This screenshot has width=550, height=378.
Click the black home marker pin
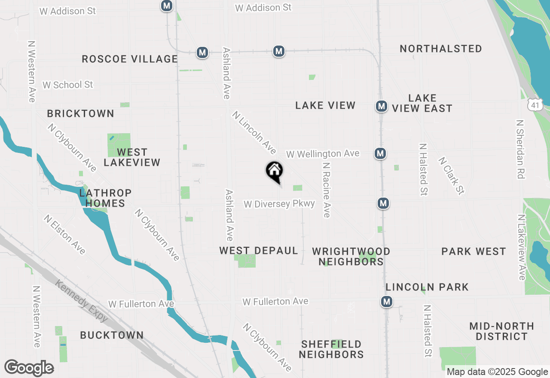pos(274,171)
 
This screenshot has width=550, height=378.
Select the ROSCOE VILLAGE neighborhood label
pos(130,59)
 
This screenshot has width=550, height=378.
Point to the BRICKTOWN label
pos(81,113)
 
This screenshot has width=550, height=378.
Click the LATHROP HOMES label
pos(105,198)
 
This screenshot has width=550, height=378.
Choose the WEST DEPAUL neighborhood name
pos(259,250)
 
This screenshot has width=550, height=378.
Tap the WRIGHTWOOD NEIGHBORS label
pos(351,256)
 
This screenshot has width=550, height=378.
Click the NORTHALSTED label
pos(441,49)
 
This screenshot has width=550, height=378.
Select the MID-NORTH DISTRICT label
pos(502,331)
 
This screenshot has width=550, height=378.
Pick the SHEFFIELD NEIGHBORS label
pos(331,349)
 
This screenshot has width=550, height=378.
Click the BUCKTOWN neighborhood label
pos(112,335)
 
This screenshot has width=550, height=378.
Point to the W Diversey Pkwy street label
pos(279,204)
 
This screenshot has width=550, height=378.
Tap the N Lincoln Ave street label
pos(254,133)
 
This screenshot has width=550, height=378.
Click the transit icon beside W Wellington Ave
pos(380,153)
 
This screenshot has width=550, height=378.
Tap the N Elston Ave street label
pos(64,234)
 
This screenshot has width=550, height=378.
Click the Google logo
pos(29,368)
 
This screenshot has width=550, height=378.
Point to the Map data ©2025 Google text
pos(497,372)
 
